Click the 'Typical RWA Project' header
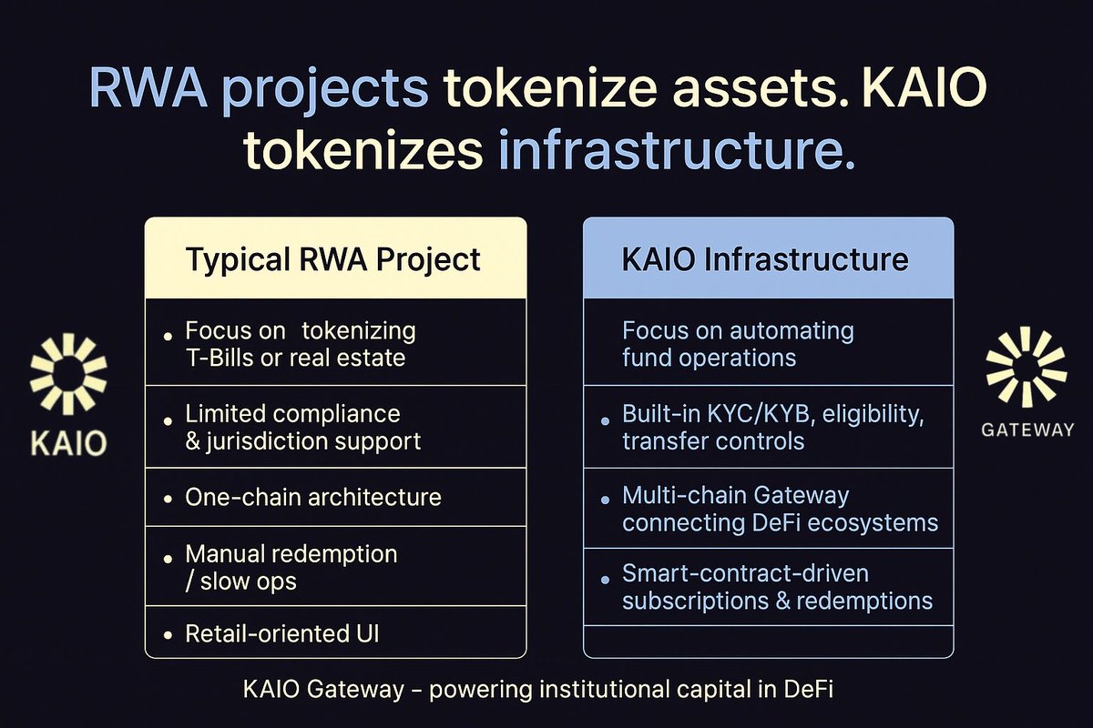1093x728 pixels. point(333,259)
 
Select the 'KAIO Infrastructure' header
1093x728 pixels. point(765,259)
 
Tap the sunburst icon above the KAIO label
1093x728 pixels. point(68,374)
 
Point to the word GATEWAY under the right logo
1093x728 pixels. point(1027,430)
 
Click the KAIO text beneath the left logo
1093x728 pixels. point(68,443)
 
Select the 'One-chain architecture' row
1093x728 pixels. point(313,498)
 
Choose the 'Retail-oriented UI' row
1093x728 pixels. point(281,633)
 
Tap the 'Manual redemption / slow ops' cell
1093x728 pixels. point(291,567)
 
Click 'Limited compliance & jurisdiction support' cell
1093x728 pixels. point(302,428)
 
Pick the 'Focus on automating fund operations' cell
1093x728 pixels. point(738,343)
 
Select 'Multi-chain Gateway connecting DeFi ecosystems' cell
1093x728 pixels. point(780,509)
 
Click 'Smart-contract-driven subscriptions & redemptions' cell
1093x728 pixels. point(777,587)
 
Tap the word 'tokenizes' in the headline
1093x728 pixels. point(362,151)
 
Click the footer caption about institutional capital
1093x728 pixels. point(538,690)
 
